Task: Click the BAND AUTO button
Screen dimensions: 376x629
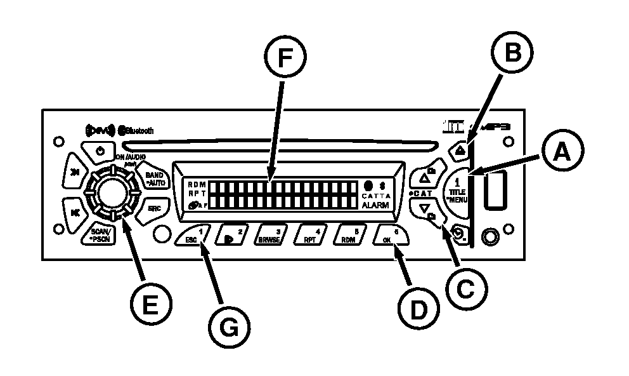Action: pyautogui.click(x=154, y=177)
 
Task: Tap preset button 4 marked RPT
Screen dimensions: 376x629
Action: pyautogui.click(x=312, y=236)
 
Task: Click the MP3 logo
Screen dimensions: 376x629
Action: pyautogui.click(x=495, y=128)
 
